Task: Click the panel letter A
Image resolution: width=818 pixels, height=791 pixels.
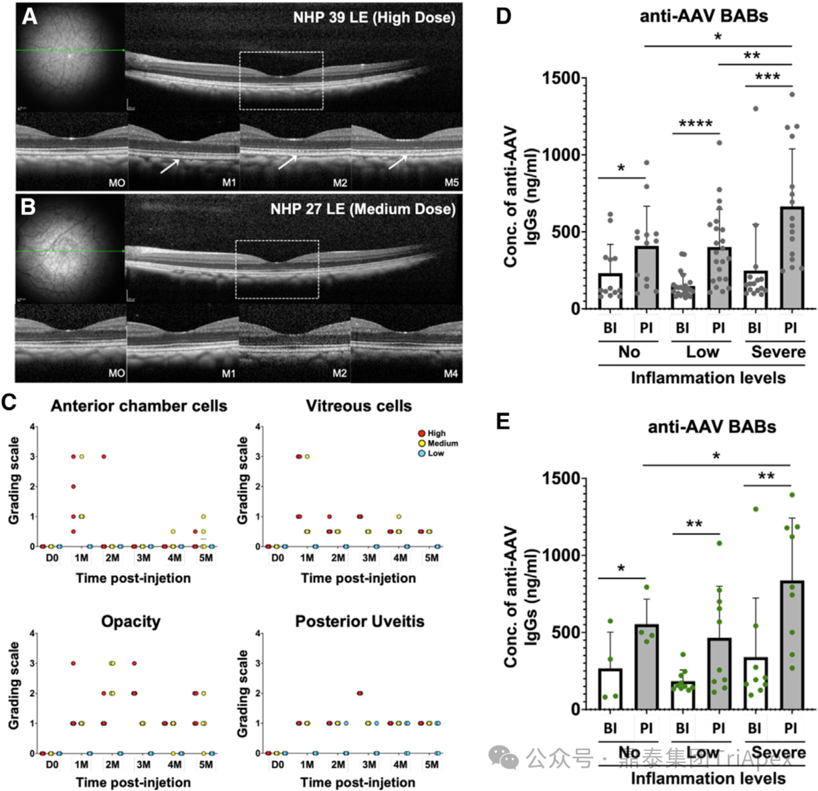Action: coord(29,15)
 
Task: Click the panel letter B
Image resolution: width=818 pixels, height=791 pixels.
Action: coord(27,207)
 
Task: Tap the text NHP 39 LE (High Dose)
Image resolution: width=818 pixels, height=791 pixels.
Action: coord(374,17)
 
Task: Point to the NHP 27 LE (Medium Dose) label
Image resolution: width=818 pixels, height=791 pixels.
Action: coord(363,209)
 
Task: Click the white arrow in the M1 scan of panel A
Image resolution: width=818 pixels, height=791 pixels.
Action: coord(169,165)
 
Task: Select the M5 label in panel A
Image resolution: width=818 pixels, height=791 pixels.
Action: coord(451,183)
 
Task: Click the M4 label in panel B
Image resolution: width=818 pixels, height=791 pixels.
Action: coord(451,374)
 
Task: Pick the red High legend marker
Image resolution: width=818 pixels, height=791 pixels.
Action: coord(421,433)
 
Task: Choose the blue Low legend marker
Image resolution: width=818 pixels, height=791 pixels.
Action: coord(421,453)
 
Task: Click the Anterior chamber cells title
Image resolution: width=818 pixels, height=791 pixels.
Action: coord(138,406)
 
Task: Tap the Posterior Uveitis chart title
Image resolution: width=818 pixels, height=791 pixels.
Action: coord(359,622)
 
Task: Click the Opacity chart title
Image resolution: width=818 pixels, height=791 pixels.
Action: coord(130,622)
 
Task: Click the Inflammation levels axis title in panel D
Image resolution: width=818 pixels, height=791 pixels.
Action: coord(708,378)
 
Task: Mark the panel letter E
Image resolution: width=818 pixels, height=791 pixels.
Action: coord(503,421)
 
